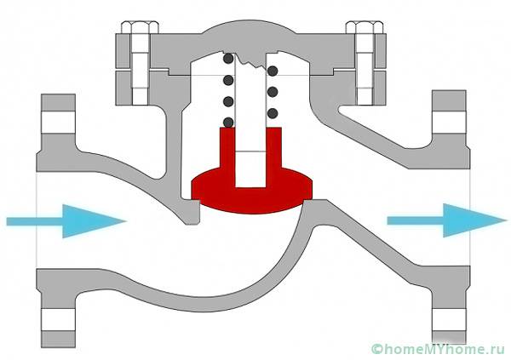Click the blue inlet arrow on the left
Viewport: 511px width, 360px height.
64,220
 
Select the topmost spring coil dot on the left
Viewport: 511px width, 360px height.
227,60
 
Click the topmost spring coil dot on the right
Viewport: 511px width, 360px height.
272,69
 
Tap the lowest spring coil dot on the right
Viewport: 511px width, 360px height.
272,113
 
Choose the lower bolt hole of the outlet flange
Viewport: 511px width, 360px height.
447,321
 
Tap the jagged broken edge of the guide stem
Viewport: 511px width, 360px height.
250,62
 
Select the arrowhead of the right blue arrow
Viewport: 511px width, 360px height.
485,220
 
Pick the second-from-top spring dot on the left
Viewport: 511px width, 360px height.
227,81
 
